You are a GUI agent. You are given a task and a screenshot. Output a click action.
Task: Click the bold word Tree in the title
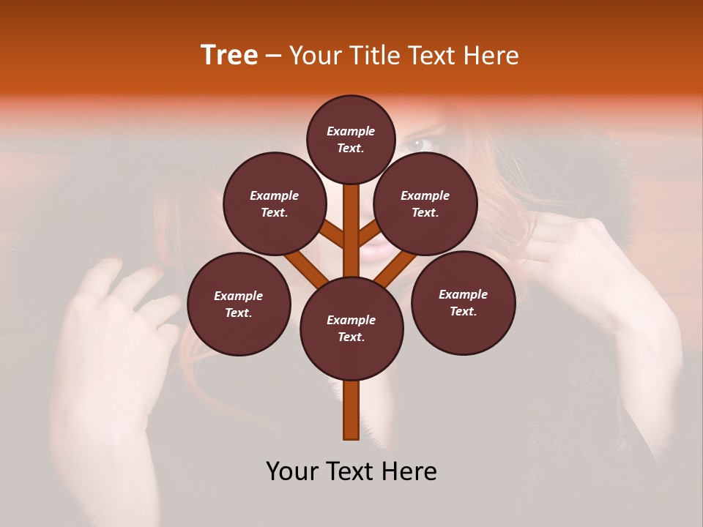[x=229, y=56]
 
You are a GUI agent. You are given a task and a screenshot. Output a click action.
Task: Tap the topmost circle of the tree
[x=351, y=139]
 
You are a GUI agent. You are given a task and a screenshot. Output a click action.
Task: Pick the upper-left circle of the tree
[x=275, y=203]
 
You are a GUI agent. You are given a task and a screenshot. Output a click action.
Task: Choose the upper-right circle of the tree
[x=425, y=203]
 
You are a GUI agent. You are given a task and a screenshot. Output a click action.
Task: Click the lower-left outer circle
[x=239, y=304]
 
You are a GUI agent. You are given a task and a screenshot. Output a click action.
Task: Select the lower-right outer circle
[x=463, y=302]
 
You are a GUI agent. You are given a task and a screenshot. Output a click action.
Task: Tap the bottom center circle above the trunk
[x=351, y=329]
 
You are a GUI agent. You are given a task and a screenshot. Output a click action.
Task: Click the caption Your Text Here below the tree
[x=351, y=471]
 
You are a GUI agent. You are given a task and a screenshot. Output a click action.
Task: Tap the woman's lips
[x=378, y=253]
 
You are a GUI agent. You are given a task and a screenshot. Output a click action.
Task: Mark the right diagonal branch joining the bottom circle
[x=396, y=267]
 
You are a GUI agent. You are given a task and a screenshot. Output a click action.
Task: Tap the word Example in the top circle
[x=351, y=132]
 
